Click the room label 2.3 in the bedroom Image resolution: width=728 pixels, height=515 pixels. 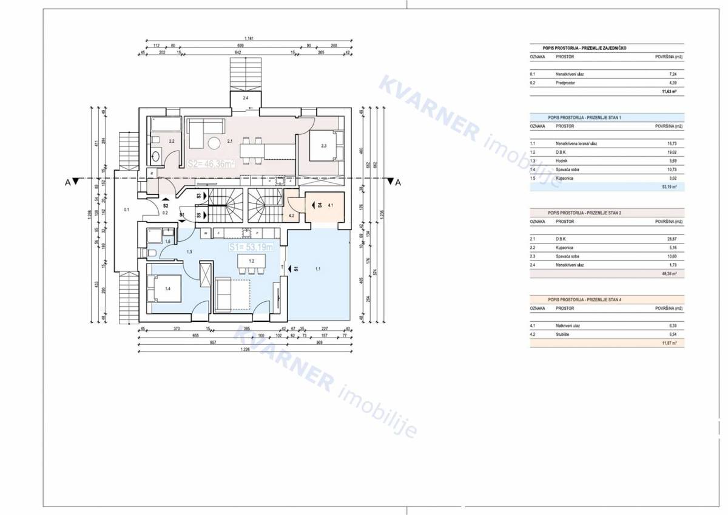[x=323, y=146]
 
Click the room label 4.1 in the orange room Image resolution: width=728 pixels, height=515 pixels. [x=330, y=206]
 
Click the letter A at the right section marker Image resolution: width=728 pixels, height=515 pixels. [x=398, y=182]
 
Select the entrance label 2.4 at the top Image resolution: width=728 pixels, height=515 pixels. [x=245, y=98]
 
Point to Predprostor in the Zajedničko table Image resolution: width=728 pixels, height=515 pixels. [x=565, y=83]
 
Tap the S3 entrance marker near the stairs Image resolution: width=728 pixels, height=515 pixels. [x=199, y=196]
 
